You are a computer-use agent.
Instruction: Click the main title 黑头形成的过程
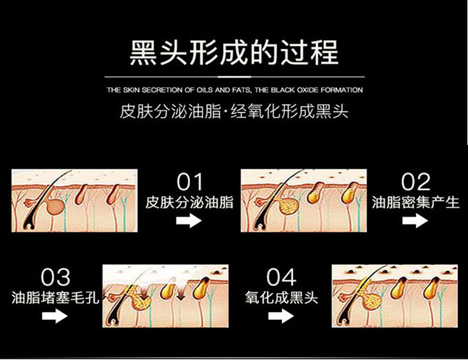[235, 53]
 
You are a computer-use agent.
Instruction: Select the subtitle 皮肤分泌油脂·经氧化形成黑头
[235, 111]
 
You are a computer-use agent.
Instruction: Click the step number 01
[190, 182]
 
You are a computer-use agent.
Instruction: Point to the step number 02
[415, 182]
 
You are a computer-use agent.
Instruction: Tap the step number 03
[55, 277]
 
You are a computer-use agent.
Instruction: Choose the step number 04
[281, 277]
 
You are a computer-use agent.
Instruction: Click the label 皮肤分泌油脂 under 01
[189, 202]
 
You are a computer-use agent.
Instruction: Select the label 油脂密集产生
[415, 202]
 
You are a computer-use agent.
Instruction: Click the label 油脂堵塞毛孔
[55, 298]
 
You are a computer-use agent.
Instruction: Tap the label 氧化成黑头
[281, 298]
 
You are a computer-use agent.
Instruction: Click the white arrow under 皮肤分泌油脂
[189, 221]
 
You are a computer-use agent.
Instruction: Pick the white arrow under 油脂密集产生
[415, 221]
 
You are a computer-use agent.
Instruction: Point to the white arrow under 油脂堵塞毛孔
[55, 316]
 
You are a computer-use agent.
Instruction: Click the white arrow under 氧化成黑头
[281, 316]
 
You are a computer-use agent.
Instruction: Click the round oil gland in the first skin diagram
[56, 207]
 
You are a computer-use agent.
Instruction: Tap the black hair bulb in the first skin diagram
[28, 224]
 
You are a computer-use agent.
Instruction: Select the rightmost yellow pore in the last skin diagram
[432, 288]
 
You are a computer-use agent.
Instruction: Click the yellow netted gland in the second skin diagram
[288, 206]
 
